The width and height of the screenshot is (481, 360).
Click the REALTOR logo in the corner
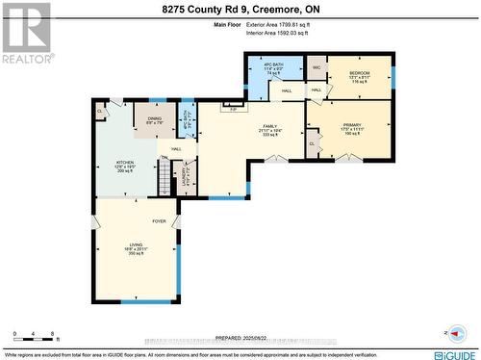pyautogui.click(x=25, y=33)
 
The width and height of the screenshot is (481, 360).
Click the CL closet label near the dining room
pyautogui.click(x=101, y=112)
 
